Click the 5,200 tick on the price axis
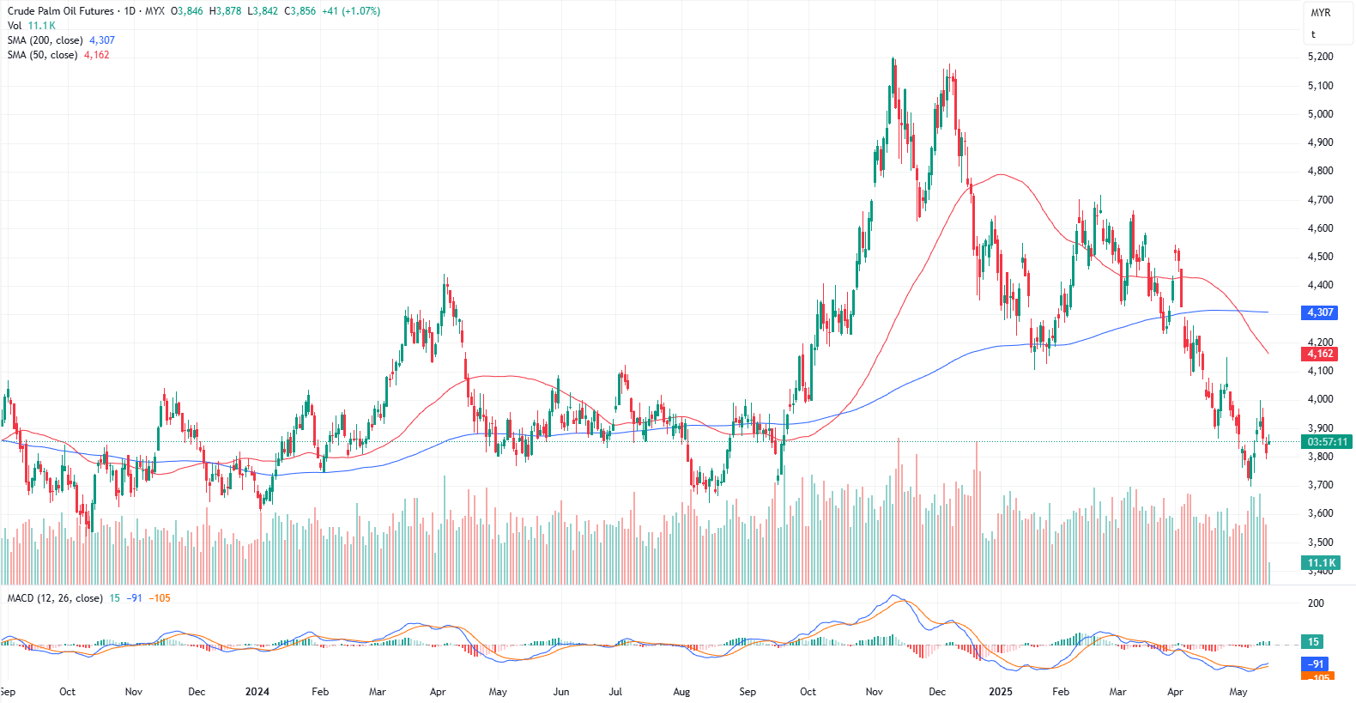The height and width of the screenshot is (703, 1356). [x=1320, y=57]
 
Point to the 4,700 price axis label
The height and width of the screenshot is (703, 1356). [x=1320, y=200]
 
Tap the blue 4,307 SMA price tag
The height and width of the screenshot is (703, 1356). [x=1319, y=312]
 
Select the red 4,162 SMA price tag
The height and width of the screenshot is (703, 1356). [x=1319, y=354]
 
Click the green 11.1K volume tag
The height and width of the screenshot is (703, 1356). [x=1319, y=563]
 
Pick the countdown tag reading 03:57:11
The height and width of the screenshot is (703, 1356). [x=1326, y=442]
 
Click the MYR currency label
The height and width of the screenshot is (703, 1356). [x=1320, y=13]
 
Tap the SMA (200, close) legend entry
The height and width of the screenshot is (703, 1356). [x=45, y=40]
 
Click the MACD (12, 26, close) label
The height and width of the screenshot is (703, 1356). [x=55, y=598]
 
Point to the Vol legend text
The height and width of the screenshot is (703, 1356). [x=15, y=26]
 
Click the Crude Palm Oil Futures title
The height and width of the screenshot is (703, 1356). [x=61, y=11]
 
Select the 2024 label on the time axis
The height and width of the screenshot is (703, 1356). [x=257, y=692]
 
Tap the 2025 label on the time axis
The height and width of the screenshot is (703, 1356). [x=1000, y=692]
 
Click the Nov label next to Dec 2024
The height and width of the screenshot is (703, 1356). [x=874, y=692]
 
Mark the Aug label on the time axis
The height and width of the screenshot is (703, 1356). [x=681, y=692]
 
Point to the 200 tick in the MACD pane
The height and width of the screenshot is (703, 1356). [x=1316, y=603]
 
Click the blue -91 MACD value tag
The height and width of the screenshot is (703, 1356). [x=1316, y=664]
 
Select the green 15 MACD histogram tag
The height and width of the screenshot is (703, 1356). [x=1313, y=642]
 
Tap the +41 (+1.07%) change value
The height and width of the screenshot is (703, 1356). [x=351, y=11]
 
